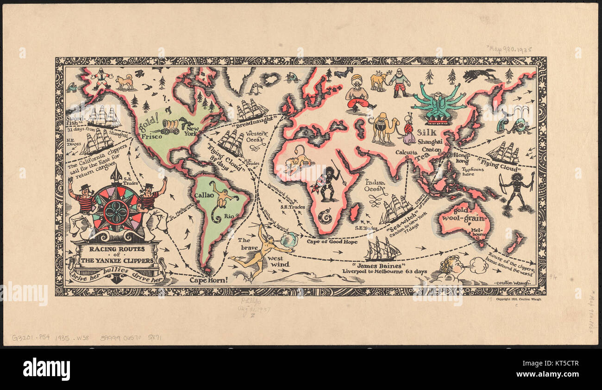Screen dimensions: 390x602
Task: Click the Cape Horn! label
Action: (x=209, y=280)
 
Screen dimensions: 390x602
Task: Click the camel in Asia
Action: (x=384, y=128)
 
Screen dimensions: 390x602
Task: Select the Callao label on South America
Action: (x=204, y=195)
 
